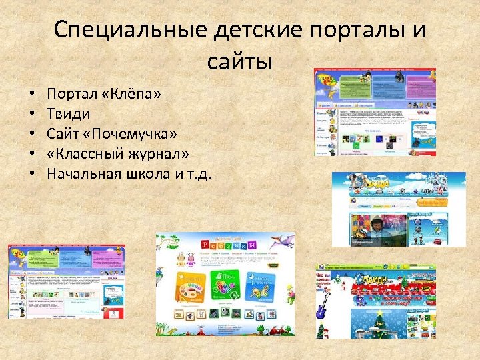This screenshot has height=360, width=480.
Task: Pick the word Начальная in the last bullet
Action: click(x=83, y=174)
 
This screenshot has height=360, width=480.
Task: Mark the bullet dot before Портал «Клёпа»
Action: click(x=31, y=95)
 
